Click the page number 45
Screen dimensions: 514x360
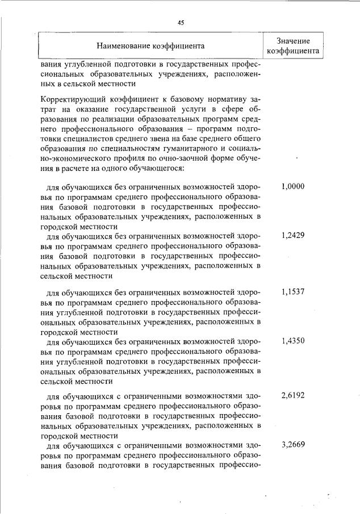(x=181, y=23)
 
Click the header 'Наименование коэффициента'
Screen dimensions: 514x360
(x=150, y=45)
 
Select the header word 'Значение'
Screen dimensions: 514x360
(x=293, y=40)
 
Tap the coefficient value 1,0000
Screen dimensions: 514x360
(x=293, y=186)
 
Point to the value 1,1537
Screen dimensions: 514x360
(x=293, y=292)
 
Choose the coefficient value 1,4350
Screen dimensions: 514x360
(x=293, y=341)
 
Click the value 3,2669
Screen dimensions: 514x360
(x=293, y=445)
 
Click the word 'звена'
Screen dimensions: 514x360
(x=158, y=139)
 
